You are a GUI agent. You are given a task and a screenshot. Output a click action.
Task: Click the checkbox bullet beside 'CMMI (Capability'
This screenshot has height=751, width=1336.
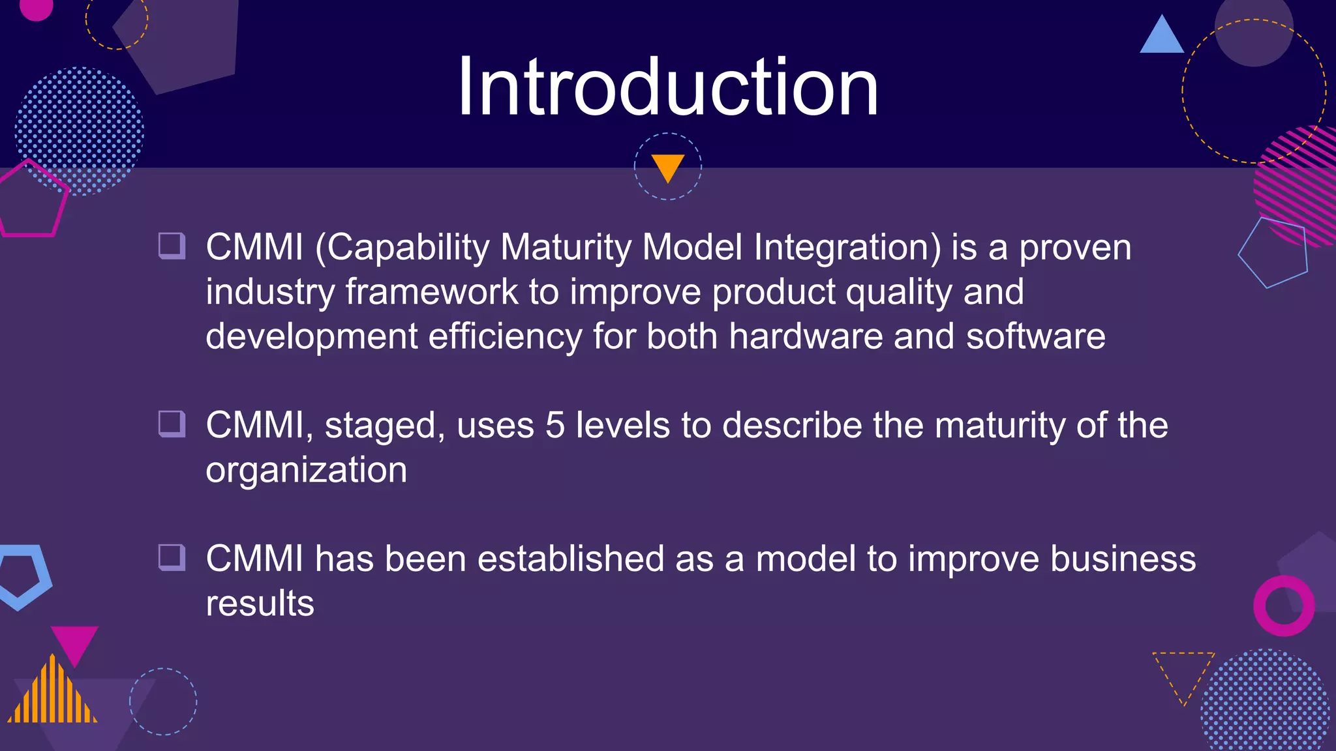pos(172,246)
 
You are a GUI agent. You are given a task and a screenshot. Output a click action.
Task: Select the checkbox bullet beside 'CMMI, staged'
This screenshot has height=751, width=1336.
pos(172,424)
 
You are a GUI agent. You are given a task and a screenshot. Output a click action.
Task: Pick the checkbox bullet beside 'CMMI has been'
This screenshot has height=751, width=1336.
pos(172,558)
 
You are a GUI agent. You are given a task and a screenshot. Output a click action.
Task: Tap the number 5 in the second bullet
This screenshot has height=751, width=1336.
pos(554,425)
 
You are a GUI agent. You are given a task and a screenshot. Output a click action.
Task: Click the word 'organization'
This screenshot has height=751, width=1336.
pos(306,471)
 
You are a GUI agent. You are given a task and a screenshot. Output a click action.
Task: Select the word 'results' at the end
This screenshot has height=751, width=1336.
pos(260,604)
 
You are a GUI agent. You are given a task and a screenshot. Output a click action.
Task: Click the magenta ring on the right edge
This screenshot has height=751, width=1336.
pos(1283,606)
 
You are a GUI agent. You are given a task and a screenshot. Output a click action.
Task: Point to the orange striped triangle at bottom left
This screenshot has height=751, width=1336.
pos(53,694)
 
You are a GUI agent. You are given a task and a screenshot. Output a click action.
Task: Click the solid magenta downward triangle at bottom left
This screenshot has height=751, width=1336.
pos(74,642)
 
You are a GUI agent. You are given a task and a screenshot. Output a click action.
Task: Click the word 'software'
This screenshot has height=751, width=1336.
pos(1035,336)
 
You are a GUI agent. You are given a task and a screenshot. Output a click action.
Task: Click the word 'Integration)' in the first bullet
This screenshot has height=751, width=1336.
pos(847,248)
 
